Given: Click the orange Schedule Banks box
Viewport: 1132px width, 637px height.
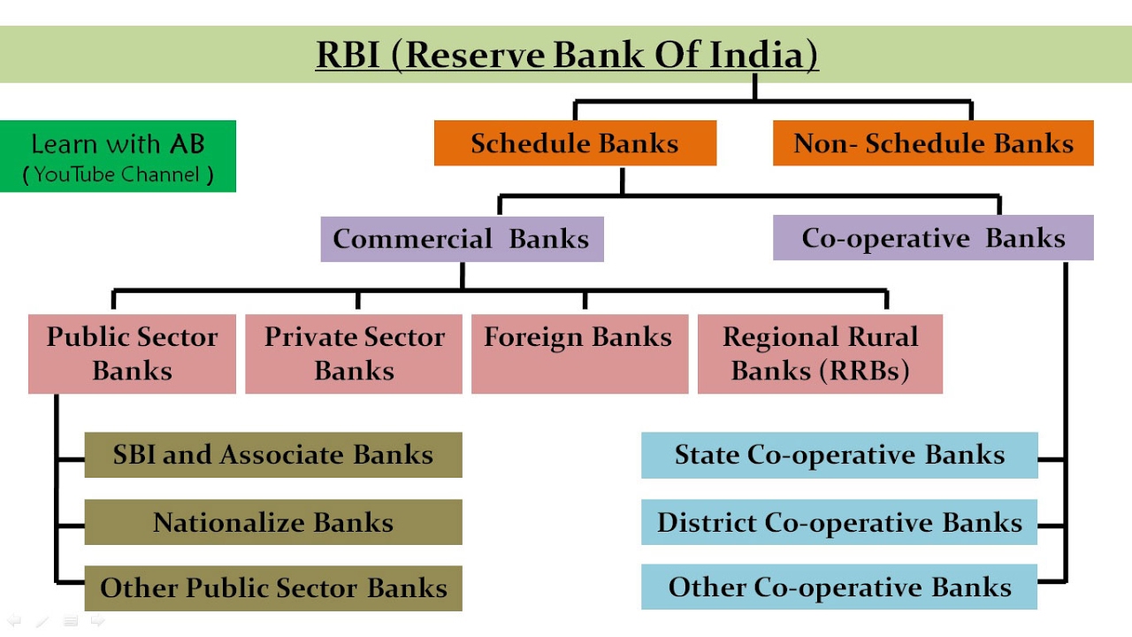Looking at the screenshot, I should click(575, 143).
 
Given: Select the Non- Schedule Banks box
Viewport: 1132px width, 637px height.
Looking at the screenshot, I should click(933, 143).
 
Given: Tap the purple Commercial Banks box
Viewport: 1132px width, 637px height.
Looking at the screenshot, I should click(462, 239).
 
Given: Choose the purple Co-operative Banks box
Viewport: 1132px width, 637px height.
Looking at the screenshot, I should click(933, 238).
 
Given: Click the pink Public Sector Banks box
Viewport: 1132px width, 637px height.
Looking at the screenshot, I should click(132, 353).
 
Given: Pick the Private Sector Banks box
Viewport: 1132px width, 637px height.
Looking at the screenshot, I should click(354, 353).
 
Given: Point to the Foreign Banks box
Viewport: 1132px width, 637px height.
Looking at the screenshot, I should click(579, 353).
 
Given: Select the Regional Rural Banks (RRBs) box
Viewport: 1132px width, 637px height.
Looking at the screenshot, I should click(820, 353).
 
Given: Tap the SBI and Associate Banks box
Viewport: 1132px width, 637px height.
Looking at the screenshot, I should click(273, 455).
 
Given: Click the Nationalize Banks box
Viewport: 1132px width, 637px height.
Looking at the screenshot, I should click(273, 522).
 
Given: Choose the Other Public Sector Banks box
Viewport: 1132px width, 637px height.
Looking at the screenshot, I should click(273, 588).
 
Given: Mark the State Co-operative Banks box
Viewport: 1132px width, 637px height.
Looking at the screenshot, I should click(839, 455).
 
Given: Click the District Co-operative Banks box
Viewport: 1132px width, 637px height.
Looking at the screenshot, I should click(839, 522).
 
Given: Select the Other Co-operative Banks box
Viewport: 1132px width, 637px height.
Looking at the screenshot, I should click(839, 587).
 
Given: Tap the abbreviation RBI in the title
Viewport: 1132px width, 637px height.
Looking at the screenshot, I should click(348, 55).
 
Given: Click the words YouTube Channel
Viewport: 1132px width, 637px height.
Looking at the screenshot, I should click(118, 174).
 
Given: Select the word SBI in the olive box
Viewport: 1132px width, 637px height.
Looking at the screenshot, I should click(134, 455).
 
